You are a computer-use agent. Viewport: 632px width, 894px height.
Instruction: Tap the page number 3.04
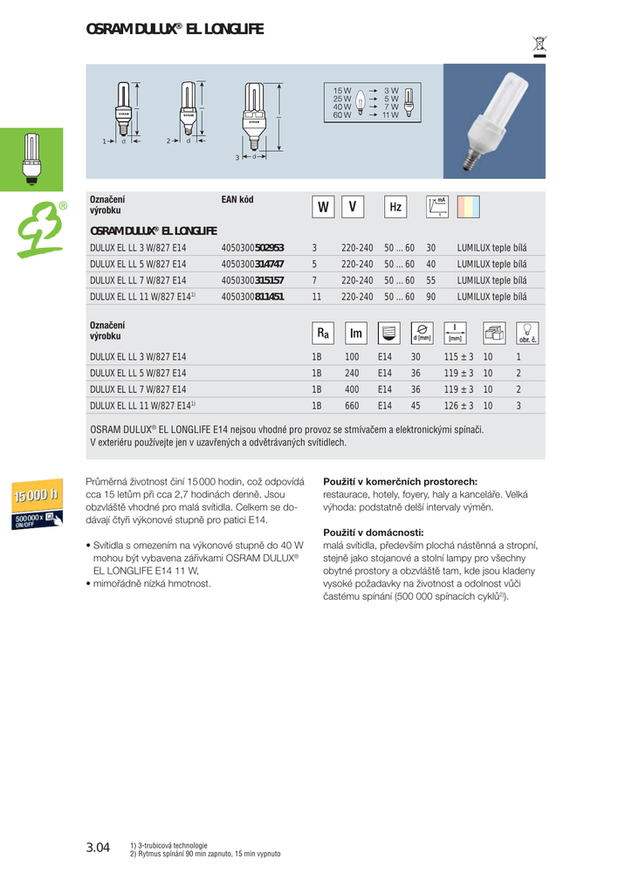click(x=98, y=848)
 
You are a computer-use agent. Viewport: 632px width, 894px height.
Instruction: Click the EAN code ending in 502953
click(x=252, y=248)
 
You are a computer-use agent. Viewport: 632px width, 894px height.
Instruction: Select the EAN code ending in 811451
click(x=252, y=297)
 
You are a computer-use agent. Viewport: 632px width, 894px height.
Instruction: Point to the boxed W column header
click(x=323, y=207)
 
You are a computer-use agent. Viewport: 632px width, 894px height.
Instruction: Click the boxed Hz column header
click(x=395, y=207)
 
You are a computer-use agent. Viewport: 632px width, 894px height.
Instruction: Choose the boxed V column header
click(x=352, y=207)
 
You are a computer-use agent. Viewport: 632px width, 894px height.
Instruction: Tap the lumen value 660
click(x=352, y=406)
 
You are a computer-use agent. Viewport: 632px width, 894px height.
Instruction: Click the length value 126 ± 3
click(x=458, y=406)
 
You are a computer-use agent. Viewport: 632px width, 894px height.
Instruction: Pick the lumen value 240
click(x=352, y=373)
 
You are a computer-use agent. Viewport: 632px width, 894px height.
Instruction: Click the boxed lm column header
click(x=355, y=334)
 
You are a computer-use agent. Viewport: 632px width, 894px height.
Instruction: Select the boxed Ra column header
click(x=323, y=334)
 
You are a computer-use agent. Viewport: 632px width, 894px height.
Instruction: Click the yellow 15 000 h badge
click(x=36, y=496)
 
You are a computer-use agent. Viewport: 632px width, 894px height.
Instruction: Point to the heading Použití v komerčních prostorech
click(x=400, y=481)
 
